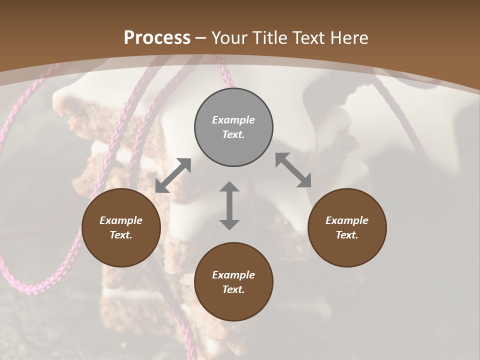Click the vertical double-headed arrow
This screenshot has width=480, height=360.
click(x=229, y=205)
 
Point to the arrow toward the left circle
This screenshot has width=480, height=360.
click(x=173, y=175)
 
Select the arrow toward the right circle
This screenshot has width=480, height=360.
click(x=293, y=170)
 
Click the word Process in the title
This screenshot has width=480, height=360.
click(x=157, y=37)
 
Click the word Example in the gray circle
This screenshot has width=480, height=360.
click(x=233, y=120)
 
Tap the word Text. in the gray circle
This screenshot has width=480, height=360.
click(x=233, y=134)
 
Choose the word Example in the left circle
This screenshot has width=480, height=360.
click(x=121, y=220)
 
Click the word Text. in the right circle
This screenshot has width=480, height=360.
click(x=346, y=235)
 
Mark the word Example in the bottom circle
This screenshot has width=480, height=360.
click(x=233, y=275)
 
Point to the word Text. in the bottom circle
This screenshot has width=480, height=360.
click(x=233, y=289)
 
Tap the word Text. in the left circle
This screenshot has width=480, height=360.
click(x=120, y=235)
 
